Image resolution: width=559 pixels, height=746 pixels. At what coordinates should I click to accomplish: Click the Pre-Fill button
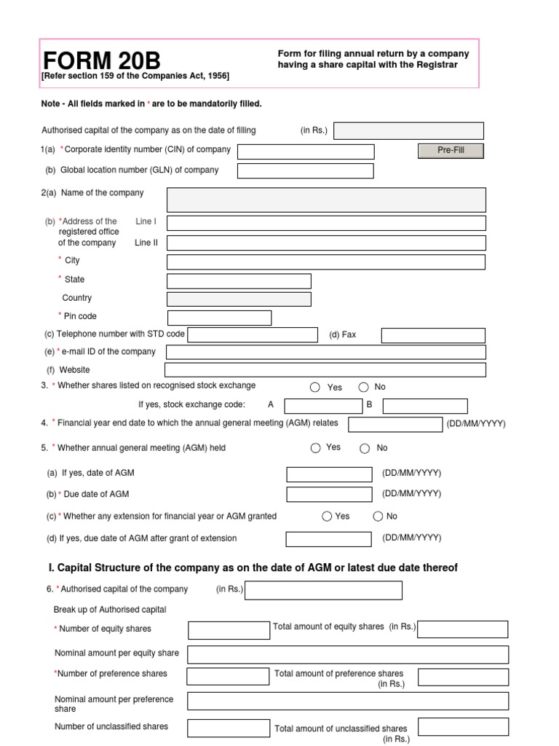[451, 150]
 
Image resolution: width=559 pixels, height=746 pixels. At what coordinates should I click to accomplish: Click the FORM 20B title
[103, 60]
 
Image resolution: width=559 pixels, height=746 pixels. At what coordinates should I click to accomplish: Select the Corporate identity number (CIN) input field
[306, 152]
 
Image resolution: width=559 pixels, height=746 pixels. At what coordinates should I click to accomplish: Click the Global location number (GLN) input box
[306, 170]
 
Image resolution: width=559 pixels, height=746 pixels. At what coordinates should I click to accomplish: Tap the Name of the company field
[326, 199]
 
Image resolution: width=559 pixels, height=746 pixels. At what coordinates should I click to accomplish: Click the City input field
[326, 262]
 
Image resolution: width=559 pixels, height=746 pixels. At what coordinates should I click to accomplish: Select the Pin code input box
[219, 318]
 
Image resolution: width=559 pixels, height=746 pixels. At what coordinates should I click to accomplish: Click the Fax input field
[433, 335]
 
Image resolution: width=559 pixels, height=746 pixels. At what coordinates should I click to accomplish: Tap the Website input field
[326, 370]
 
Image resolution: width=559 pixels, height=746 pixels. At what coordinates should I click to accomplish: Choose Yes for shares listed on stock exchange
[315, 388]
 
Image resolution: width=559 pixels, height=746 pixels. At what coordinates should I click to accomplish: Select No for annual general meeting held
[365, 448]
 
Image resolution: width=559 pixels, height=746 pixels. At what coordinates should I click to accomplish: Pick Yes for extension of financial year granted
[327, 517]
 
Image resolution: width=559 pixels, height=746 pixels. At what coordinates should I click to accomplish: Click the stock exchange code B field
[425, 406]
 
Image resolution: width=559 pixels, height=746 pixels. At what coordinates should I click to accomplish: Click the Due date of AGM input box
[329, 495]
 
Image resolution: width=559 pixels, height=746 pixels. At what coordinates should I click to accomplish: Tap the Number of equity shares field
[228, 629]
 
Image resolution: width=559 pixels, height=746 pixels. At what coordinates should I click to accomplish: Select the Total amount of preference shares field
[463, 677]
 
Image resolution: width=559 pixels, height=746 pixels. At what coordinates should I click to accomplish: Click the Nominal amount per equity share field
[348, 654]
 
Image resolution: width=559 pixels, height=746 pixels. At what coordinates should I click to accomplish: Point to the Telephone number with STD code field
[253, 334]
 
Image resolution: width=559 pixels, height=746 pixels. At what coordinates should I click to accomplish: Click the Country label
[77, 298]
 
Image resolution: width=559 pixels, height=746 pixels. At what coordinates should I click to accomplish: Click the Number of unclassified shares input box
[228, 727]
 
